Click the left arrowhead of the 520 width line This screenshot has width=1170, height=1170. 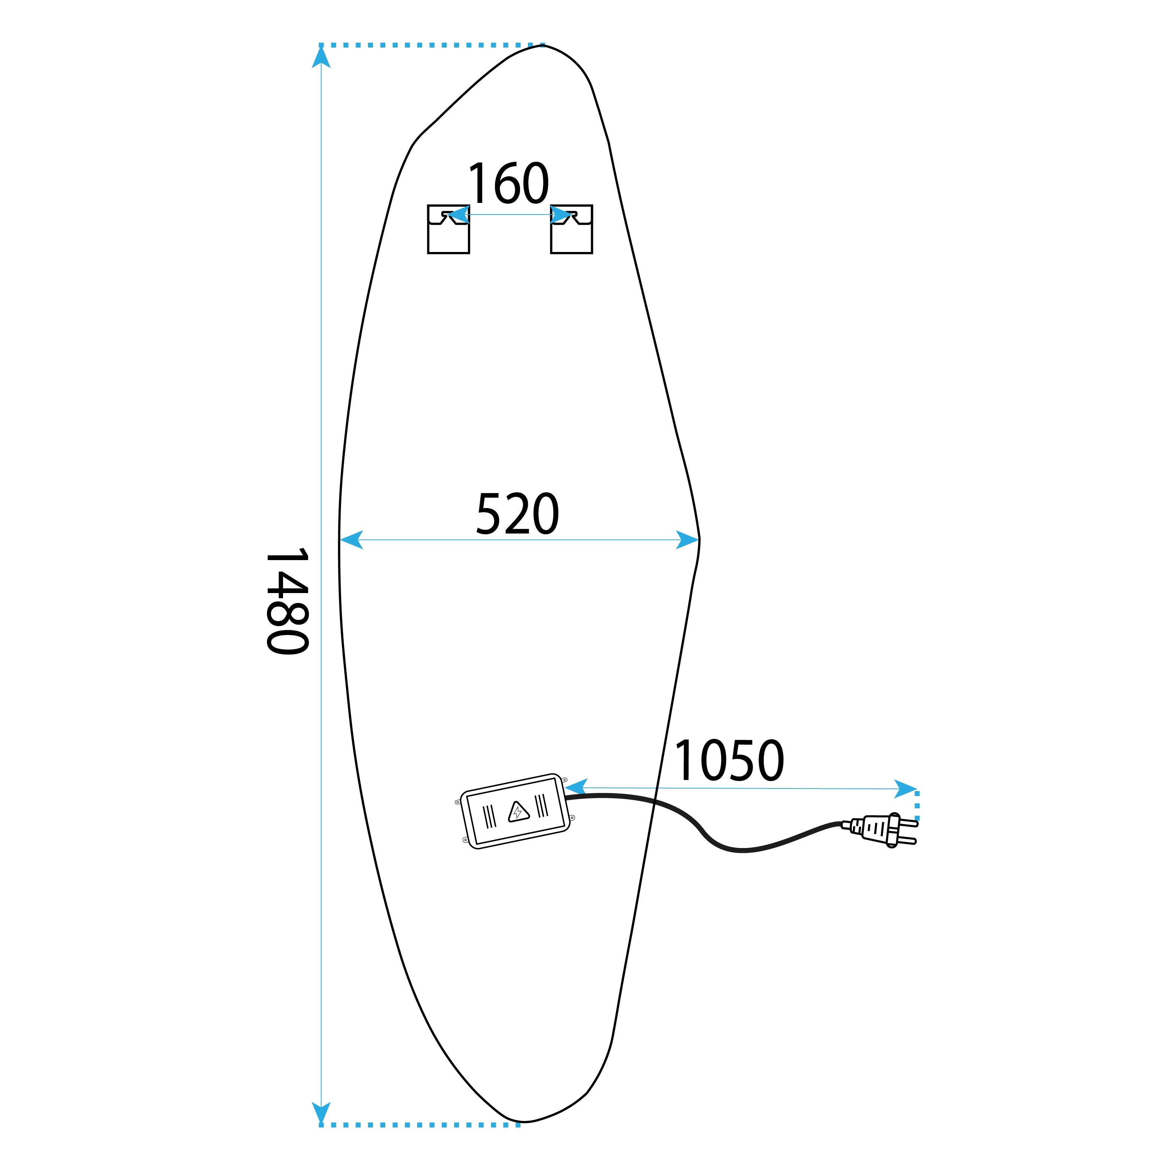(351, 540)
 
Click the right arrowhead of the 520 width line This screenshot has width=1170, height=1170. (688, 540)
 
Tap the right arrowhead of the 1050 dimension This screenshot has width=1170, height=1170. (906, 789)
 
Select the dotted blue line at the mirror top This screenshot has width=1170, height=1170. (432, 45)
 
